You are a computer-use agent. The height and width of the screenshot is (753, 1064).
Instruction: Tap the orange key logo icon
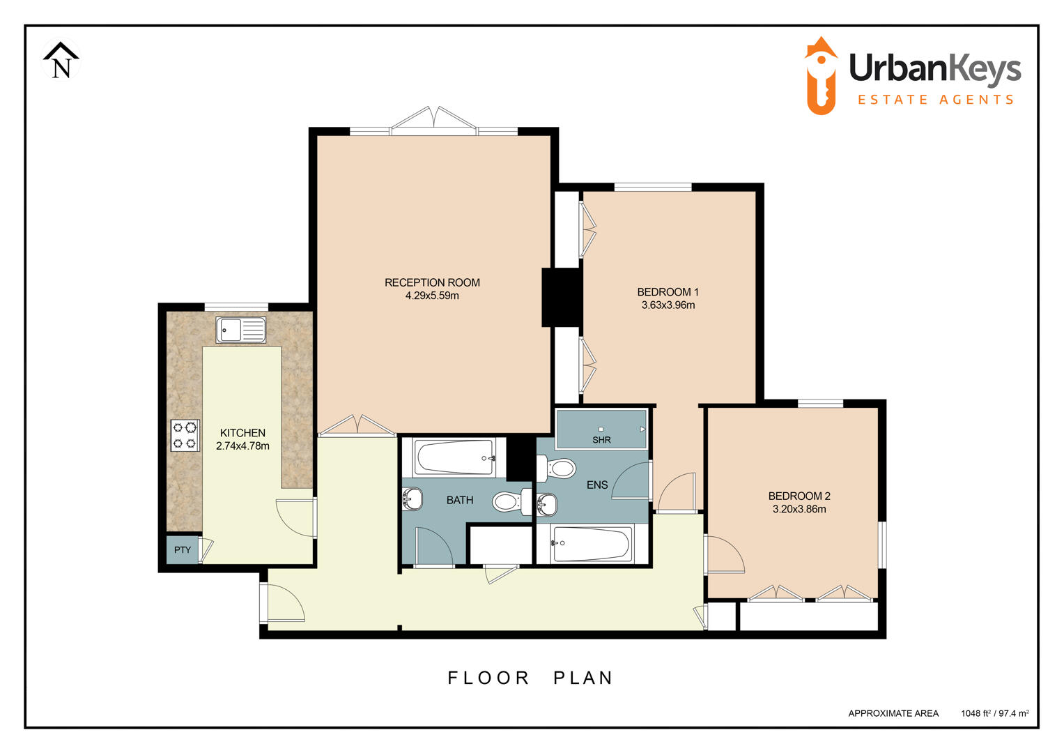click(821, 77)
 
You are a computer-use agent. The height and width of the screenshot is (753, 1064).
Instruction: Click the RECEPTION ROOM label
click(432, 282)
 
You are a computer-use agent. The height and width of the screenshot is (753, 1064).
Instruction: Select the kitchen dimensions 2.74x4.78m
click(242, 446)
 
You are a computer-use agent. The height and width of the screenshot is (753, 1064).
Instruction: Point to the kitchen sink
click(241, 330)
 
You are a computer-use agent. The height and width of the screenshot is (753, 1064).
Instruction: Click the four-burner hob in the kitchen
click(185, 435)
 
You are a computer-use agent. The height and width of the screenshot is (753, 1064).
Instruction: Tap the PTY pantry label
click(183, 550)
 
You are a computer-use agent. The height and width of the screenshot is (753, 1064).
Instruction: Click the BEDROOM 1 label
click(668, 292)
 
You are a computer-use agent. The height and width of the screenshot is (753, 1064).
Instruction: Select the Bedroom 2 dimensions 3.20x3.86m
click(799, 510)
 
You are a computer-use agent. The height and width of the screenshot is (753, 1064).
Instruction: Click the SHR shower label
click(601, 440)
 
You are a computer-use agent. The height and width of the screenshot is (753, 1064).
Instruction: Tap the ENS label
click(597, 485)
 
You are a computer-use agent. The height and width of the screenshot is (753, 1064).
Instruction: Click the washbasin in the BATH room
click(413, 499)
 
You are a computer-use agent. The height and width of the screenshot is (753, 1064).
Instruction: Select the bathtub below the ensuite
click(592, 544)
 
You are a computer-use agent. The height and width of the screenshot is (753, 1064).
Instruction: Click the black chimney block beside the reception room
click(562, 297)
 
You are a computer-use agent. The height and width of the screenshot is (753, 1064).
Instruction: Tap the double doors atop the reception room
click(433, 120)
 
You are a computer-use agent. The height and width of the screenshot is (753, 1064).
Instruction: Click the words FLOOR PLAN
click(530, 678)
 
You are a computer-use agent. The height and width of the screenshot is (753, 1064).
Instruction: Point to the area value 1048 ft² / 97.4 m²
click(994, 713)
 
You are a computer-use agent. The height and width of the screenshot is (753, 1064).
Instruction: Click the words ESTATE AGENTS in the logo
click(935, 100)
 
